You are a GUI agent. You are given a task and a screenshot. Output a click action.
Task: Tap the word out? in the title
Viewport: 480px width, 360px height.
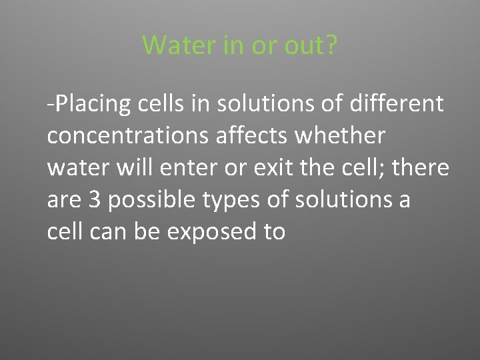311,45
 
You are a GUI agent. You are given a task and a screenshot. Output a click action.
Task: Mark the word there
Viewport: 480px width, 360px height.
421,168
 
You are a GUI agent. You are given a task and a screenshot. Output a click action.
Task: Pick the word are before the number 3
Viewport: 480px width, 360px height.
65,200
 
